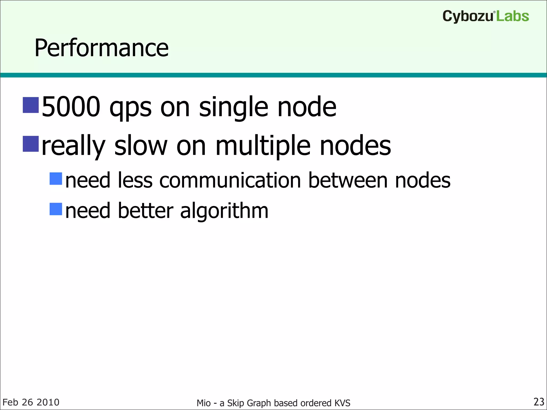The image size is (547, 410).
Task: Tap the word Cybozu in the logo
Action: [x=468, y=16]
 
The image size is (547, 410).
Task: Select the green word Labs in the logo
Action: [x=513, y=16]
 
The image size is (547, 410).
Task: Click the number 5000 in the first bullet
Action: [x=71, y=107]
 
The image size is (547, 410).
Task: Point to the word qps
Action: [x=131, y=108]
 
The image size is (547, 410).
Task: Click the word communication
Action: [x=230, y=180]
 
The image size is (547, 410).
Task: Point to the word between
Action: [x=348, y=180]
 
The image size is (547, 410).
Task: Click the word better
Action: [x=145, y=211]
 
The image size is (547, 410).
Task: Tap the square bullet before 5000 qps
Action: [x=31, y=105]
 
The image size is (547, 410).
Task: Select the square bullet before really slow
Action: [x=31, y=144]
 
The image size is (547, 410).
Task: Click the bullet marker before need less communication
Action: [x=56, y=179]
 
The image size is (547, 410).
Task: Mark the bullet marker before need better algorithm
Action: [x=56, y=209]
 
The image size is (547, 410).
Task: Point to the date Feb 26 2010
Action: [x=31, y=402]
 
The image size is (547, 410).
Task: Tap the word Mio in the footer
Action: [x=204, y=403]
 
